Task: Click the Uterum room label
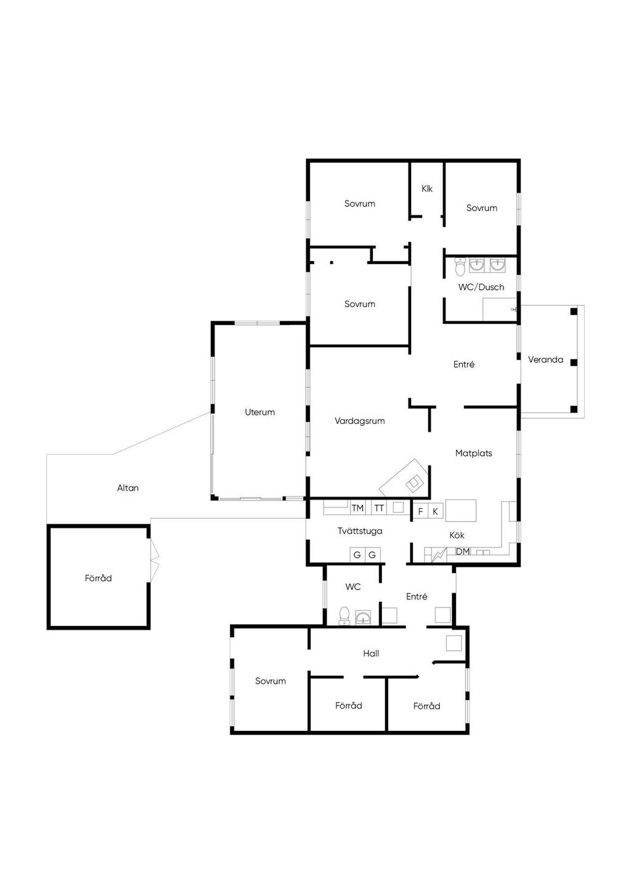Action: pyautogui.click(x=259, y=412)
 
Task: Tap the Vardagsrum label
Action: pyautogui.click(x=359, y=421)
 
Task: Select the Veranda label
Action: pyautogui.click(x=545, y=360)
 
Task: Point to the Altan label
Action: pyautogui.click(x=128, y=488)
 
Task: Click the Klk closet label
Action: pyautogui.click(x=427, y=189)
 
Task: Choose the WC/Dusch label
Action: pyautogui.click(x=481, y=287)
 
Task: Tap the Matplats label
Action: pyautogui.click(x=474, y=453)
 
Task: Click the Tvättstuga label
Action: pyautogui.click(x=360, y=531)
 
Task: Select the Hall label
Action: pyautogui.click(x=371, y=653)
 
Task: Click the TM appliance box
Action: pyautogui.click(x=358, y=508)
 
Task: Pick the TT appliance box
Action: pyautogui.click(x=379, y=508)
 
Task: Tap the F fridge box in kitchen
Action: pyautogui.click(x=420, y=511)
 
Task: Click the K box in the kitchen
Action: pyautogui.click(x=436, y=511)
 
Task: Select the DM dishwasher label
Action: pyautogui.click(x=463, y=552)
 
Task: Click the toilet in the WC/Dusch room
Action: pyautogui.click(x=460, y=266)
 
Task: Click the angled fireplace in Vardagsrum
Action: pyautogui.click(x=404, y=478)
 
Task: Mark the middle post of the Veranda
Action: pyautogui.click(x=574, y=363)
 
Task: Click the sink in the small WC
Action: pyautogui.click(x=363, y=617)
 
